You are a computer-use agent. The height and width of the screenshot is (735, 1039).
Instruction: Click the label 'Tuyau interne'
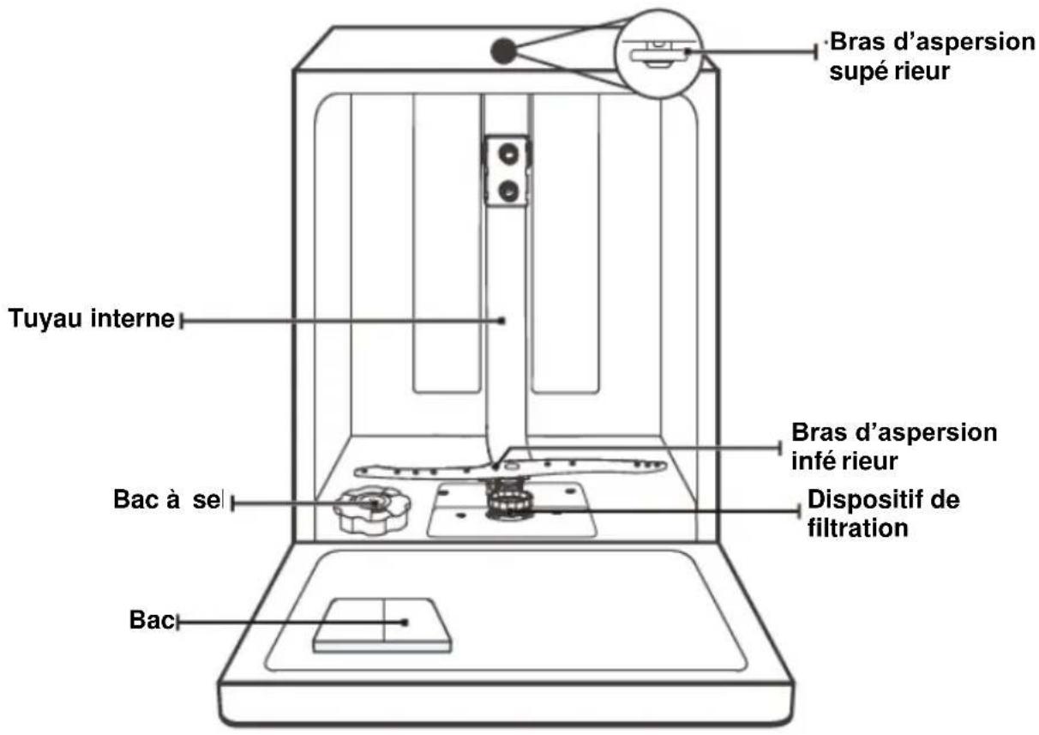pos(92,318)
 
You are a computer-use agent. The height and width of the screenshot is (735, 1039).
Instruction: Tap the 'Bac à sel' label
pos(168,499)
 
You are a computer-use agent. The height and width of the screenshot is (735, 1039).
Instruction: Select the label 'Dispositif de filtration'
pos(884,514)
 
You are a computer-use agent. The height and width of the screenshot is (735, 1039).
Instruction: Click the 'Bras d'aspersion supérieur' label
pos(932,56)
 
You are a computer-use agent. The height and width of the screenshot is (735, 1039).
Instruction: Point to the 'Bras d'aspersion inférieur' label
pos(894,446)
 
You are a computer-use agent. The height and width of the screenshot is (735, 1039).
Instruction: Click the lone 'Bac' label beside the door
pos(152,620)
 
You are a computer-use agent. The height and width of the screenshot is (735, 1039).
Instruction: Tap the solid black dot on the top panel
pos(504,51)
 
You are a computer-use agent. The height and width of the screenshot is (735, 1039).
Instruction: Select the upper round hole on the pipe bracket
pos(508,154)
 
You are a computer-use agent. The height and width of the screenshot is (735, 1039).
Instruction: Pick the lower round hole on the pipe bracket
pos(508,190)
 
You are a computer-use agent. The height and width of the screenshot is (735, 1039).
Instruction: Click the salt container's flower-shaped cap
pos(372,510)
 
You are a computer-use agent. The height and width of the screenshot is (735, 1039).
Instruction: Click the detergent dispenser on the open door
pos(382,625)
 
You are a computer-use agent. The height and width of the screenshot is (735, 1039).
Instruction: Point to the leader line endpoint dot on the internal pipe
pos(501,321)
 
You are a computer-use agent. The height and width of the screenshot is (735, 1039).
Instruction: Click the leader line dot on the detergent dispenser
pos(405,623)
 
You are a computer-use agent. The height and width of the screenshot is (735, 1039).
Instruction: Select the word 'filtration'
pos(857,528)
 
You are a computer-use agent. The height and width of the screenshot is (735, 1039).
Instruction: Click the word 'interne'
pos(133,318)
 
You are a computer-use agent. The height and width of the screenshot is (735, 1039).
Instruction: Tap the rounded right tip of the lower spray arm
pos(663,465)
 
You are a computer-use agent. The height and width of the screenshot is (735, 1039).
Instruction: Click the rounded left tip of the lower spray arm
pos(359,472)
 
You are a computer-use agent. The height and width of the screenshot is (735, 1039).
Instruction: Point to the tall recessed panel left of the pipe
pos(447,244)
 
